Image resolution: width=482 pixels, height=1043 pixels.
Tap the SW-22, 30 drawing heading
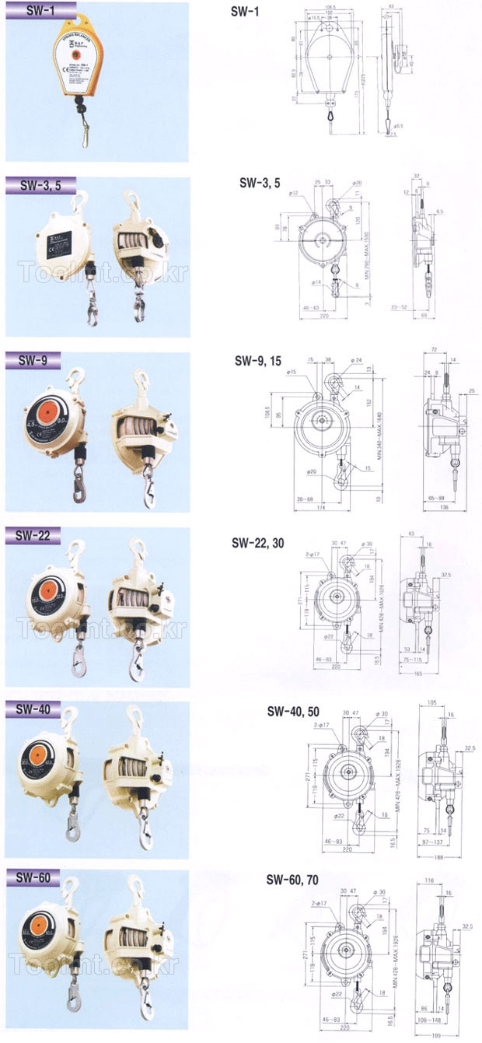pos(258,543)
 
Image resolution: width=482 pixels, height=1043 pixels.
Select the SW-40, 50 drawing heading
pos(294,711)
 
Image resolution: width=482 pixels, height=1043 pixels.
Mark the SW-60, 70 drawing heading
pos(292,880)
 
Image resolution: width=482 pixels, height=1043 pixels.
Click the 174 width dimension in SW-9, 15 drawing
pos(320,508)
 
